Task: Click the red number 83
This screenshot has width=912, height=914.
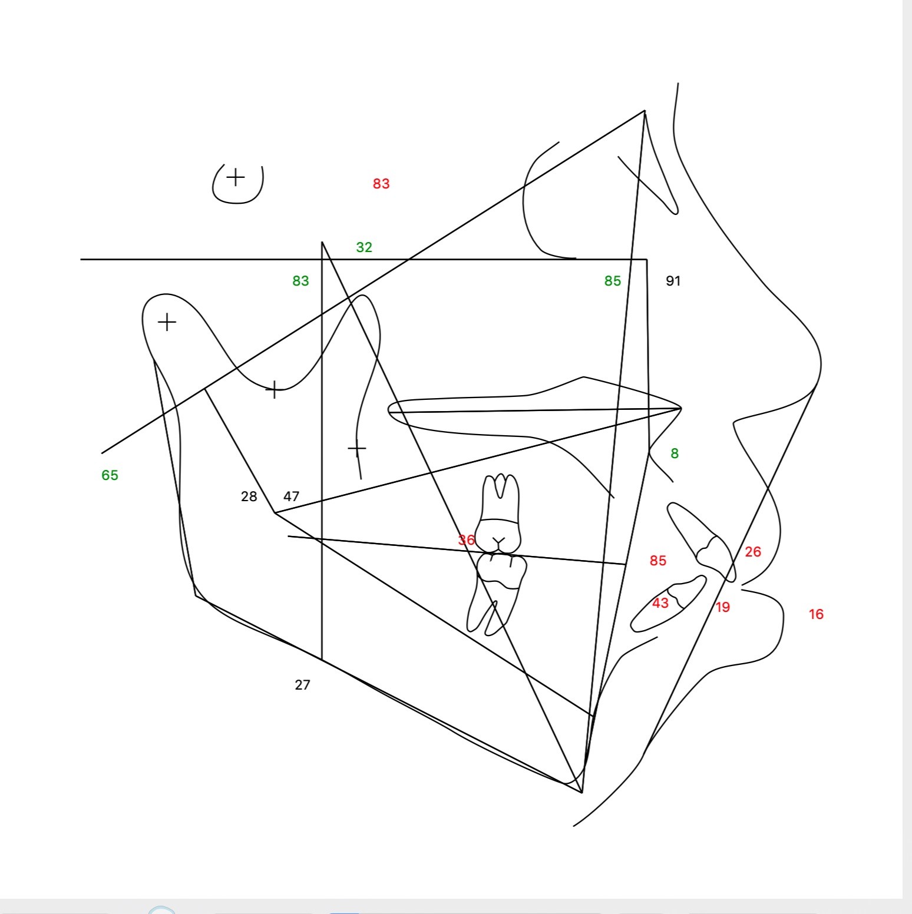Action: (381, 184)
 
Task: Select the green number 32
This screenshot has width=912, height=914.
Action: (364, 247)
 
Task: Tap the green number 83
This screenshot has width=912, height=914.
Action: (300, 281)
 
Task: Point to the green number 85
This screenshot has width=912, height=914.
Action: (613, 281)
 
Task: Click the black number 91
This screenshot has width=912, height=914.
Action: (673, 281)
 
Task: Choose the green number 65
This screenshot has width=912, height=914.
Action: (110, 475)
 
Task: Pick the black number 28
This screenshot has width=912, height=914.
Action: (249, 496)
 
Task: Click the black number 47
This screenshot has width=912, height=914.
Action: (292, 496)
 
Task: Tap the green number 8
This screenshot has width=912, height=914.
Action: (675, 453)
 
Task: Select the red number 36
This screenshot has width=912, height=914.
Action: (467, 540)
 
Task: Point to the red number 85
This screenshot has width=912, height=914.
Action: (658, 561)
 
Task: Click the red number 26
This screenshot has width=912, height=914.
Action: (753, 552)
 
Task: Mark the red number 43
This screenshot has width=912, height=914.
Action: (660, 603)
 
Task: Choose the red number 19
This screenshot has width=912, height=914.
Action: (723, 607)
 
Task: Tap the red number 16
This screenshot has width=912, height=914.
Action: (816, 614)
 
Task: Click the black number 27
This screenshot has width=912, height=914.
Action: (302, 685)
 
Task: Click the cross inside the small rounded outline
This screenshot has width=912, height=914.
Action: (236, 177)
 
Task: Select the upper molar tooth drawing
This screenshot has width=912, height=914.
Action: (500, 514)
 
